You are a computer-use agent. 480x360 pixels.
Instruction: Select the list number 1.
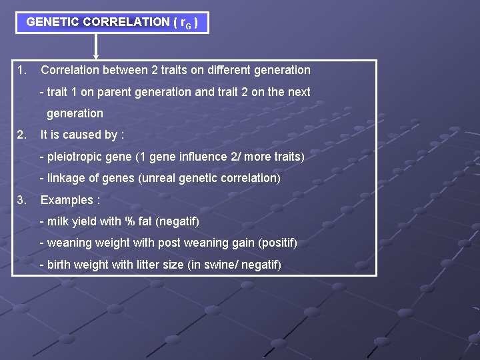22,70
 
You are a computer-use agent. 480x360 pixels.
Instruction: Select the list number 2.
22,135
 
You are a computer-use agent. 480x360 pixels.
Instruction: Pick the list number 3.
22,199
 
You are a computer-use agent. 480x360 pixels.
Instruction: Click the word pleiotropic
74,157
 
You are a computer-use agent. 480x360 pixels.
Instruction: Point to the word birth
59,265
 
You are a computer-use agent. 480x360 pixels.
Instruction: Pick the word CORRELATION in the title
127,22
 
